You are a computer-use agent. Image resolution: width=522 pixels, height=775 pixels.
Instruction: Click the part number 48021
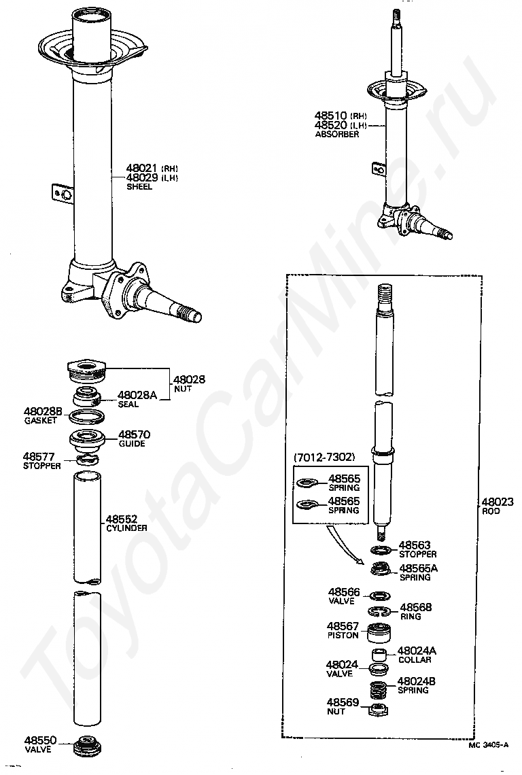tap(140, 168)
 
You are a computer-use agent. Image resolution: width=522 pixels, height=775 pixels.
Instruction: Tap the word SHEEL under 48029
tap(139, 187)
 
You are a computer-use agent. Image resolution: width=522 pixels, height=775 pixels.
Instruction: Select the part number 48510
tap(331, 116)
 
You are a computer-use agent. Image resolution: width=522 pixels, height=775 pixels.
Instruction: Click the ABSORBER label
tap(336, 135)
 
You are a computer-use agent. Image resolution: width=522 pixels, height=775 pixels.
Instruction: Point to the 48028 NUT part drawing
tap(86, 372)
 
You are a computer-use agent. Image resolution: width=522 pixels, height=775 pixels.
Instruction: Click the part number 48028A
tap(137, 394)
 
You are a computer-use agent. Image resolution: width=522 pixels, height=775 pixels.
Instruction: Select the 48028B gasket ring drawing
tap(87, 416)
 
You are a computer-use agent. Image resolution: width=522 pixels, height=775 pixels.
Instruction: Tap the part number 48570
tap(135, 434)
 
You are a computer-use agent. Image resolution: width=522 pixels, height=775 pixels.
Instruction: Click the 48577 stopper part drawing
tap(87, 460)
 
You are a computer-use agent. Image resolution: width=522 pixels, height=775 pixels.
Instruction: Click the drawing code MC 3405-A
tap(488, 745)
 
